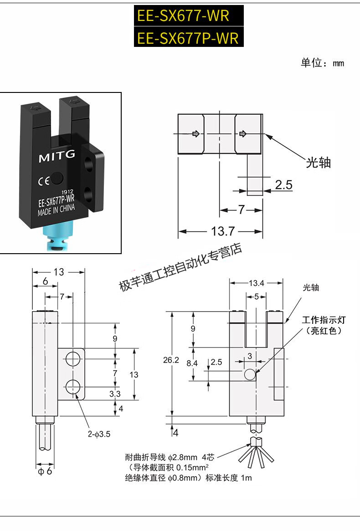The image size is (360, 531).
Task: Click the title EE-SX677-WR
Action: tap(183, 16)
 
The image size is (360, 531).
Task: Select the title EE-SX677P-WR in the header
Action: tap(188, 38)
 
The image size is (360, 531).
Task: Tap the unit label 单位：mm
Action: tap(322, 63)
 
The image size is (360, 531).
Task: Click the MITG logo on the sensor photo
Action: tap(57, 157)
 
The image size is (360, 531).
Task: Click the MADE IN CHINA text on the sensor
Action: tap(56, 210)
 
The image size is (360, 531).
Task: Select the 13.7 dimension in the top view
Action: tap(222, 231)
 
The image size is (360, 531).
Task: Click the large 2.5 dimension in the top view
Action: tap(283, 185)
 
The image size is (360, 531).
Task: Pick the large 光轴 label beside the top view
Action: tap(318, 163)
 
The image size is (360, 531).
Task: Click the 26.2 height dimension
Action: tap(171, 360)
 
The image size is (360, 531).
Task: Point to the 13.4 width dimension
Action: tap(256, 283)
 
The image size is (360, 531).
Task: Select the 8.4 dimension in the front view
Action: tap(192, 363)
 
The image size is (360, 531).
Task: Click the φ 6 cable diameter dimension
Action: tap(45, 472)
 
